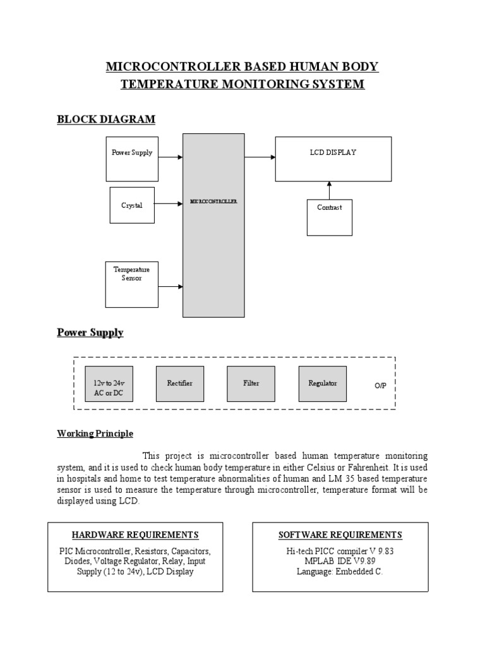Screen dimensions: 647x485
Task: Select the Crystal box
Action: [x=132, y=205]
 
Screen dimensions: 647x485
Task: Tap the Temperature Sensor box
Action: [x=132, y=284]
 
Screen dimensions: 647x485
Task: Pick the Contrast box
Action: [x=329, y=217]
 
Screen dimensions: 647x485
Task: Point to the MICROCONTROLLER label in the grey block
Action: [x=213, y=202]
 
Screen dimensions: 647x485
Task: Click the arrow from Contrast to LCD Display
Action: [x=329, y=190]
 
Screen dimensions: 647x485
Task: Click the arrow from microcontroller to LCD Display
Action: [x=260, y=157]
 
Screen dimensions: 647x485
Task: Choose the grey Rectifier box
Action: [x=179, y=384]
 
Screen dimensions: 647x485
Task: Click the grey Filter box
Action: [x=251, y=384]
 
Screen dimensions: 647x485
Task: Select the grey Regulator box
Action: [x=322, y=384]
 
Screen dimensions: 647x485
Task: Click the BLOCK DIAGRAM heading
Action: [x=106, y=119]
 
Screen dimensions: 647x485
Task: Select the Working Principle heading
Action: [x=95, y=433]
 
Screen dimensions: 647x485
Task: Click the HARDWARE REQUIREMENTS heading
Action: [x=135, y=535]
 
